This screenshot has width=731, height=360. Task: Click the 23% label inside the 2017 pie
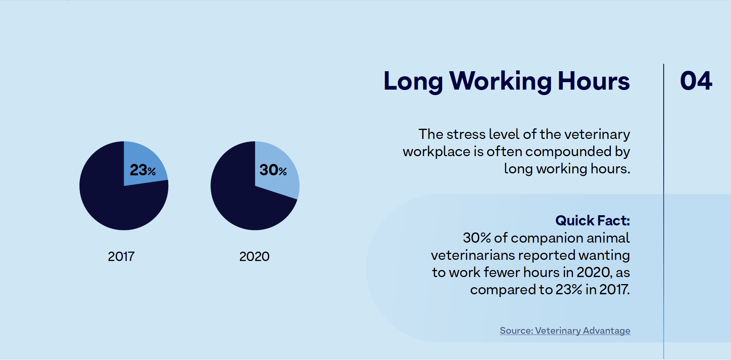pyautogui.click(x=142, y=170)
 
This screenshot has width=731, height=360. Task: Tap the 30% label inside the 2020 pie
pyautogui.click(x=273, y=170)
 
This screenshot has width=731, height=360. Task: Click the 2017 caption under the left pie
pyautogui.click(x=121, y=257)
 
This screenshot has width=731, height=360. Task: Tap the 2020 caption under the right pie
pyautogui.click(x=254, y=257)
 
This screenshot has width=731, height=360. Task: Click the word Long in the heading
pyautogui.click(x=413, y=81)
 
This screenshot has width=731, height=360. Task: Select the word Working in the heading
pyautogui.click(x=500, y=81)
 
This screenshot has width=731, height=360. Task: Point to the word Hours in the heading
pyautogui.click(x=594, y=81)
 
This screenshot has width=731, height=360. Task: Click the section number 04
pyautogui.click(x=696, y=81)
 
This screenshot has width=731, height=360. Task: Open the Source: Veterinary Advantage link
pyautogui.click(x=565, y=331)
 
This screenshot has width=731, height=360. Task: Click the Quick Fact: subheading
pyautogui.click(x=592, y=221)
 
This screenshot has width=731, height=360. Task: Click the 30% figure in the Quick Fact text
pyautogui.click(x=477, y=238)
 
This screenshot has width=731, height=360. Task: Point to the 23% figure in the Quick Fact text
pyautogui.click(x=569, y=290)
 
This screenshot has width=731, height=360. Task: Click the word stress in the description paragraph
pyautogui.click(x=466, y=135)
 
